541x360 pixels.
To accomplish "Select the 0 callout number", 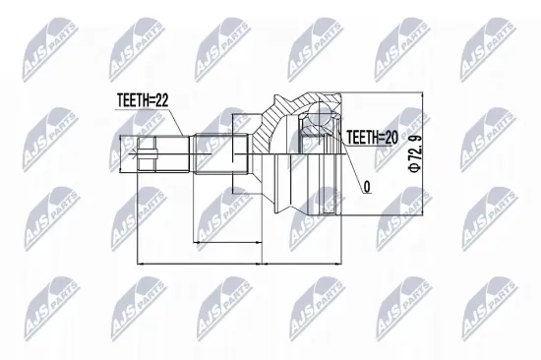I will coord(367,184).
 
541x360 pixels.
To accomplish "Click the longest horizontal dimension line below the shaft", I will coord(236,264).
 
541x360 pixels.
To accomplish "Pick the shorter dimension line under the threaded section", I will coord(230,239).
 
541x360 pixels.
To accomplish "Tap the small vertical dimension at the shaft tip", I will coord(121,151).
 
